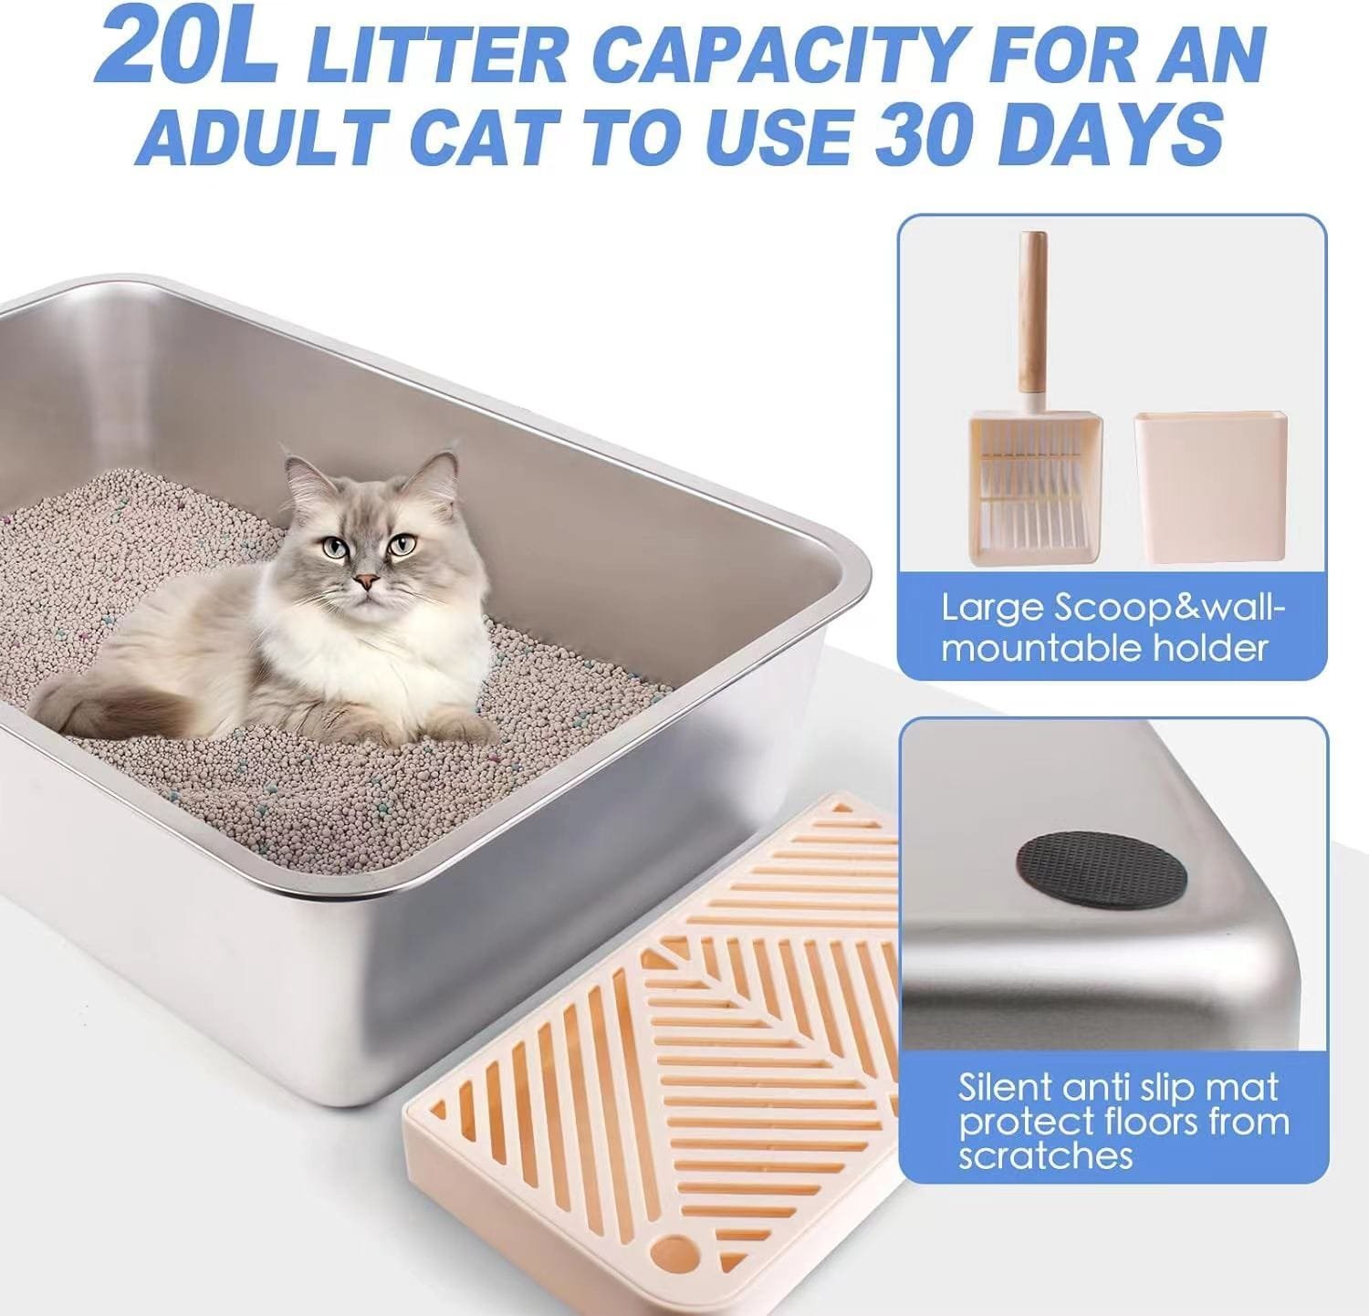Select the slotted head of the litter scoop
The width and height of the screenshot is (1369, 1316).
tap(1036, 488)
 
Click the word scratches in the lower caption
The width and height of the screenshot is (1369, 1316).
tap(1045, 1155)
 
